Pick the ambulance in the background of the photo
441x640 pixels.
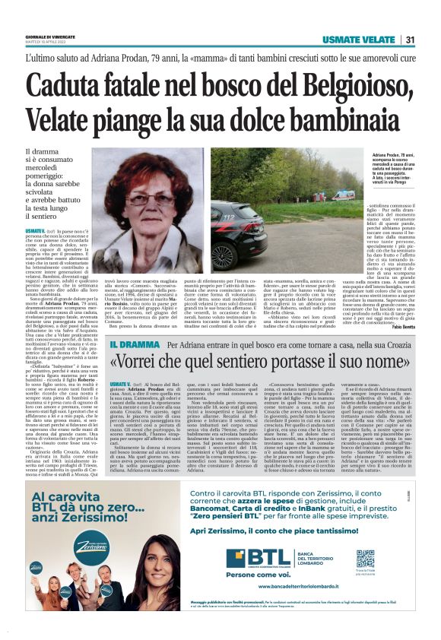(343, 195)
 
